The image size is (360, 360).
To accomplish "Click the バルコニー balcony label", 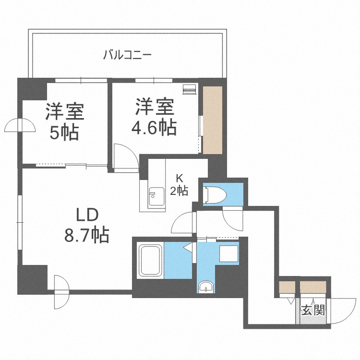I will click(127, 54).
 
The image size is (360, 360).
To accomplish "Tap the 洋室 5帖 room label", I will click(65, 122).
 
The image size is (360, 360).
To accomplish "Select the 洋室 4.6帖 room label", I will click(154, 117).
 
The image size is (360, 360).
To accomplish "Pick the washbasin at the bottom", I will click(206, 287).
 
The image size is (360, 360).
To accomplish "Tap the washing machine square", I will click(228, 253).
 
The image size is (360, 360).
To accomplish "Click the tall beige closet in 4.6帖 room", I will click(212, 120).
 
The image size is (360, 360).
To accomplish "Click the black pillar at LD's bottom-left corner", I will click(32, 279).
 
